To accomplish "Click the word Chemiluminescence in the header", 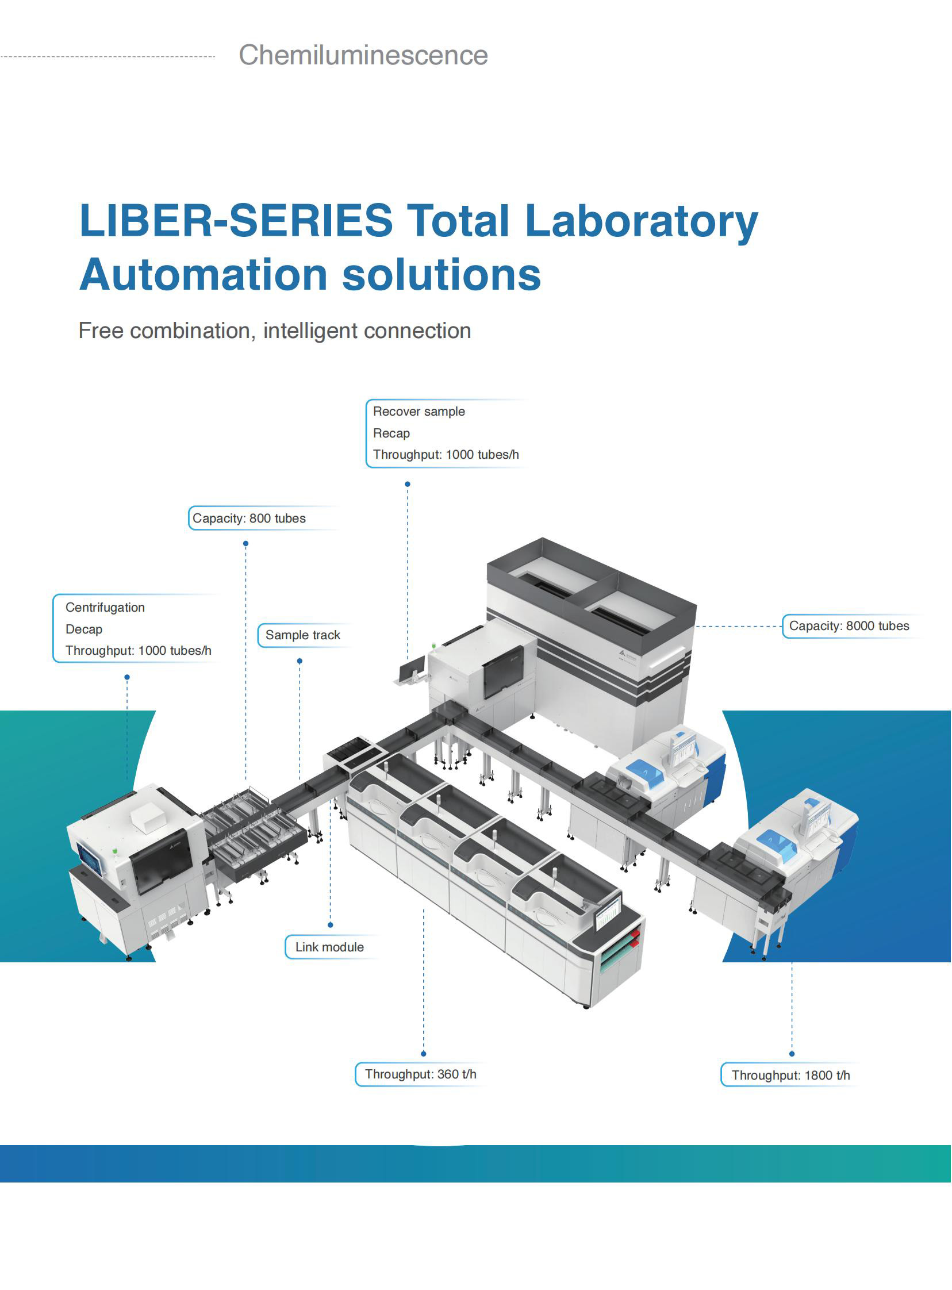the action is (x=363, y=55).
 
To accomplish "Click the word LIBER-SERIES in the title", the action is (x=236, y=220).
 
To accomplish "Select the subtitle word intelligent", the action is (x=310, y=331).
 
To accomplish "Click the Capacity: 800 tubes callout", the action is (x=249, y=519).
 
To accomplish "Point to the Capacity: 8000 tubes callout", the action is (x=849, y=626).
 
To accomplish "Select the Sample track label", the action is (x=302, y=635).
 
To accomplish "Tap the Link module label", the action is (x=329, y=947).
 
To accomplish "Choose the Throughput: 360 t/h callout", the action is (x=421, y=1074).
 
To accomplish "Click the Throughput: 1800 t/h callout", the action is (x=790, y=1075).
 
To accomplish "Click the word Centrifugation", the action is (x=105, y=607).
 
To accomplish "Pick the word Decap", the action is (x=84, y=629).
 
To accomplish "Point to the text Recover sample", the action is (x=419, y=412).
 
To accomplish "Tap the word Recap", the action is (x=391, y=433).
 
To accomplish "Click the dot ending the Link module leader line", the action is (x=330, y=926).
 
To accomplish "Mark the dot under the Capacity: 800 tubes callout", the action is (x=245, y=544).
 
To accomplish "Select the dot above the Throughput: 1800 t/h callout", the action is (x=792, y=1054).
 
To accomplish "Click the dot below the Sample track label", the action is (x=300, y=662).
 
